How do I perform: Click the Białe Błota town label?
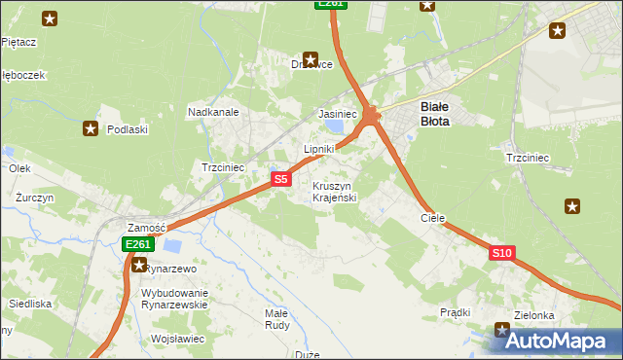(434, 115)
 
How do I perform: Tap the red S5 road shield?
(280, 179)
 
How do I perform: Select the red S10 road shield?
(501, 253)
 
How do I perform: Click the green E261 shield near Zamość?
(136, 245)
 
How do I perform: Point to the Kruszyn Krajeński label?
(334, 192)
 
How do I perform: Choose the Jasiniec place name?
(338, 114)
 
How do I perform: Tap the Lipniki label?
(319, 149)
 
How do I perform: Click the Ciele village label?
(432, 219)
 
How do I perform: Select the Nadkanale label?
(213, 112)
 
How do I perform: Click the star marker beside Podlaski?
(91, 127)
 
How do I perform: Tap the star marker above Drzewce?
(311, 57)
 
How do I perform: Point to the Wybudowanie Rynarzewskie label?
(175, 299)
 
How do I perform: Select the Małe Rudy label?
(276, 319)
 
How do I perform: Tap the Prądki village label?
(455, 312)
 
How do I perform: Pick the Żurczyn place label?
(34, 197)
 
